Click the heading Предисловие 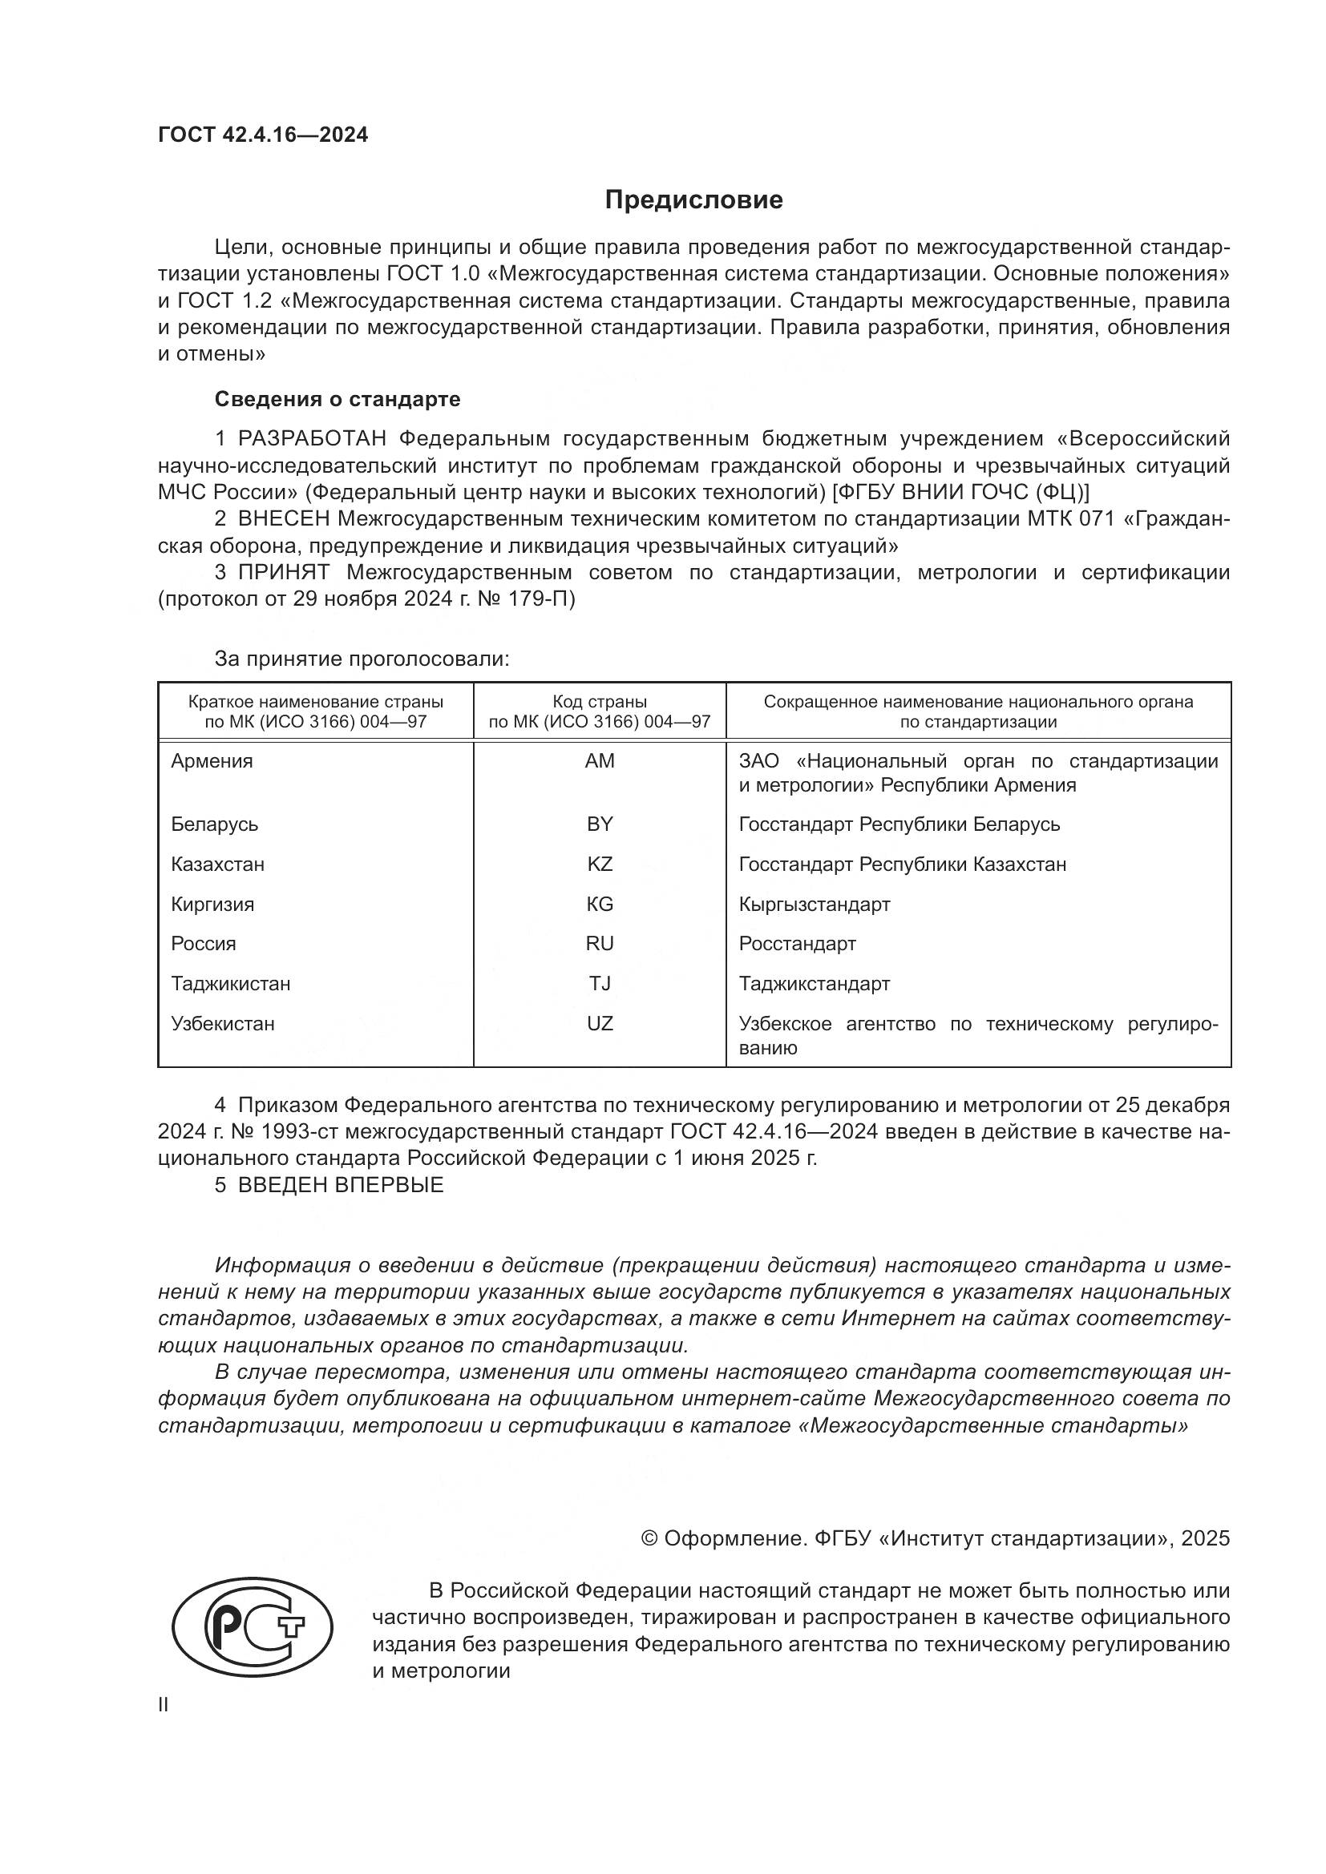[x=693, y=200]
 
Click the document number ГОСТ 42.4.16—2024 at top [x=263, y=135]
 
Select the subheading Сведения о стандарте [x=338, y=399]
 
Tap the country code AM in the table [x=600, y=760]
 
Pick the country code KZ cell [x=600, y=864]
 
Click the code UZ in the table [x=600, y=1023]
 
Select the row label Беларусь [x=214, y=824]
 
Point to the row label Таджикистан [x=230, y=984]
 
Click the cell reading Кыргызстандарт [x=814, y=905]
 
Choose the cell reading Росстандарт [x=797, y=944]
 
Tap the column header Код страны [x=600, y=702]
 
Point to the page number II [x=164, y=1705]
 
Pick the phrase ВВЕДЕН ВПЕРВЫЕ [x=341, y=1185]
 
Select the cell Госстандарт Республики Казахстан [x=902, y=864]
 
